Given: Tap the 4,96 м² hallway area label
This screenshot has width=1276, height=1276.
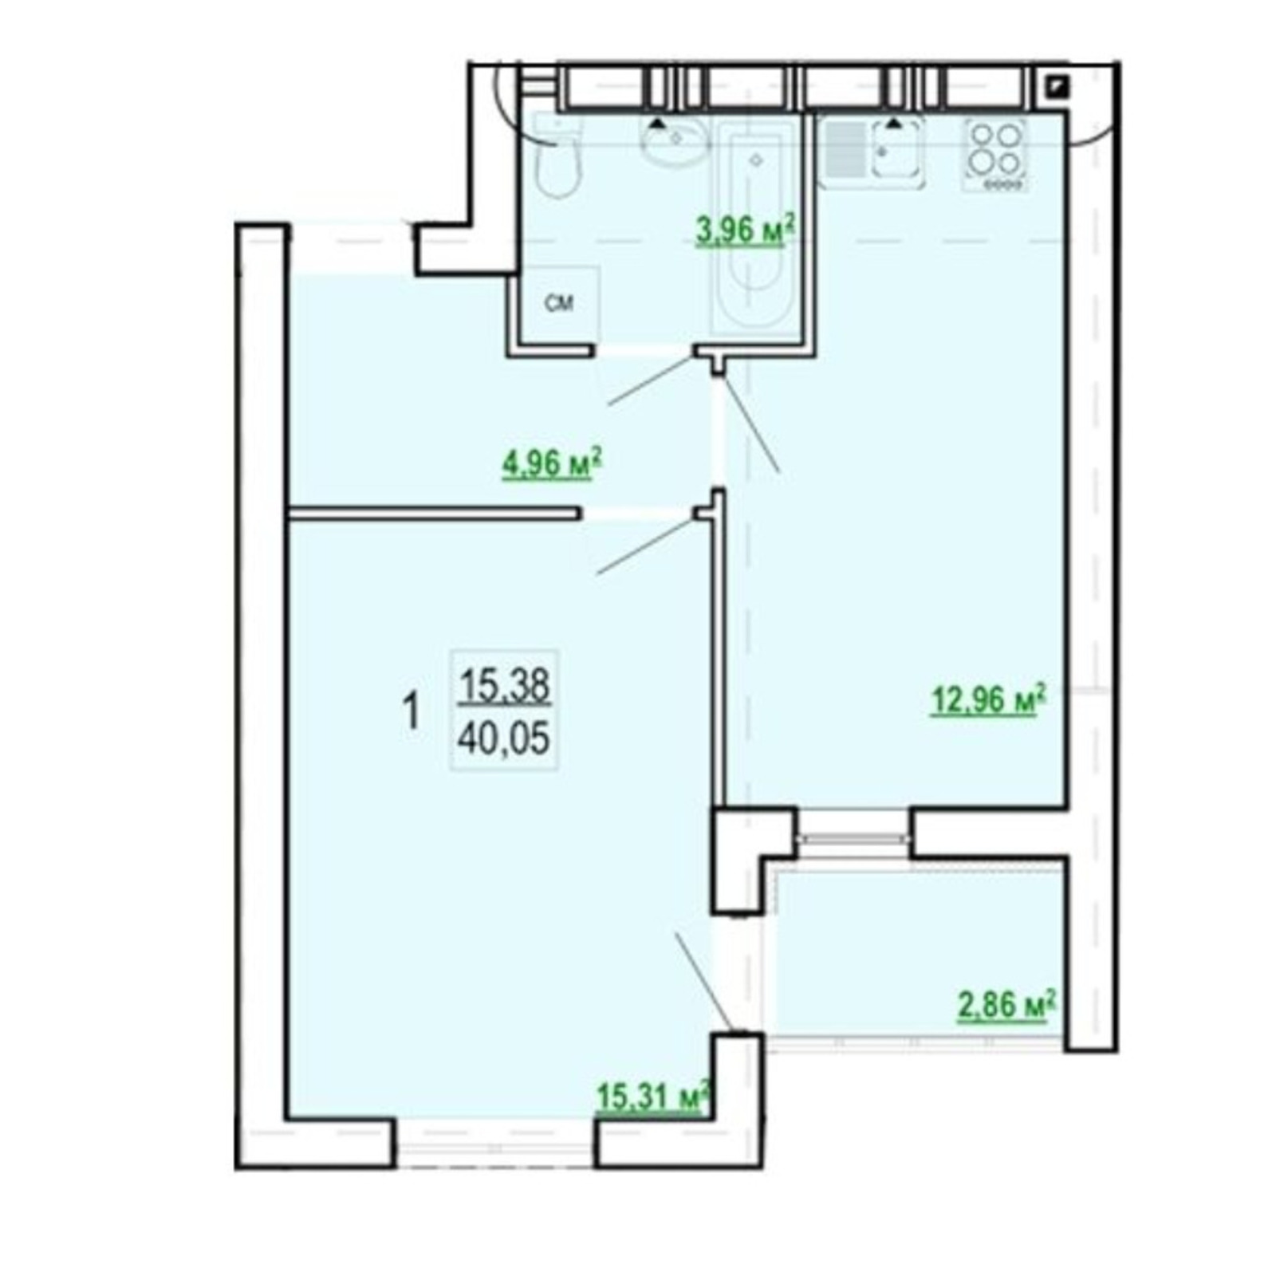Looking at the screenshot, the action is (x=551, y=463).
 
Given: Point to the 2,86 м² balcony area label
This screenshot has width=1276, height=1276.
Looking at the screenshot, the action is (x=1006, y=1005).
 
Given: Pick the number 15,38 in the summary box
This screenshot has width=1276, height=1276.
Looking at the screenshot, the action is (x=504, y=685).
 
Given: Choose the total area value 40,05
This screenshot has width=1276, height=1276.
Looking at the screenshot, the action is (x=504, y=739).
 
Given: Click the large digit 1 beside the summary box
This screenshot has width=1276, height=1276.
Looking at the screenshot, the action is (x=412, y=711).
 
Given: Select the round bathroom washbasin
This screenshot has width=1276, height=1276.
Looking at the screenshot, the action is (x=676, y=140).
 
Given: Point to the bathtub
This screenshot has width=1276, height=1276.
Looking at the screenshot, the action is (x=756, y=226).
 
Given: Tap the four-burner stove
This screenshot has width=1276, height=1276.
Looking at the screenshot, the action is (x=995, y=155).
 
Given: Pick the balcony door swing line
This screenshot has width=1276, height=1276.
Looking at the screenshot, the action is (x=703, y=982).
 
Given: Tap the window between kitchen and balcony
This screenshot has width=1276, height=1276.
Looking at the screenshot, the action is (x=854, y=837).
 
